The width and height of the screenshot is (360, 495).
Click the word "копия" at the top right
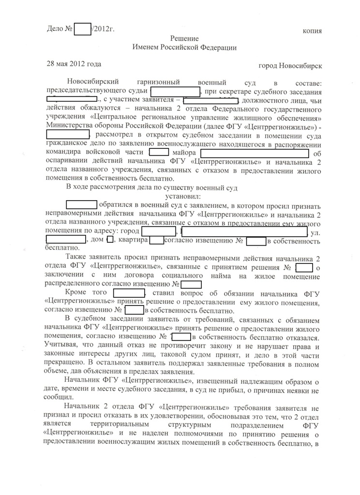312,30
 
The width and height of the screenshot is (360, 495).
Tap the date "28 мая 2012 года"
74,64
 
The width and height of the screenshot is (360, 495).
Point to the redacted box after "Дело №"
83,29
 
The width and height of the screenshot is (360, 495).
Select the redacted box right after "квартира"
156,240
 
